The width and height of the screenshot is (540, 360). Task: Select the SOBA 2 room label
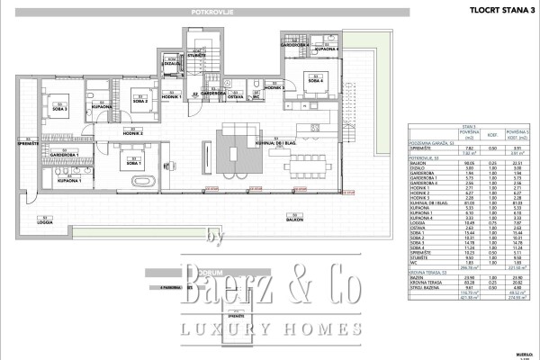tap(139, 96)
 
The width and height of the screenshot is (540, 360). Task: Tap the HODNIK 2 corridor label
tap(135, 133)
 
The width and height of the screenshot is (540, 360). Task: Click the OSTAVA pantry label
tap(236, 94)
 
